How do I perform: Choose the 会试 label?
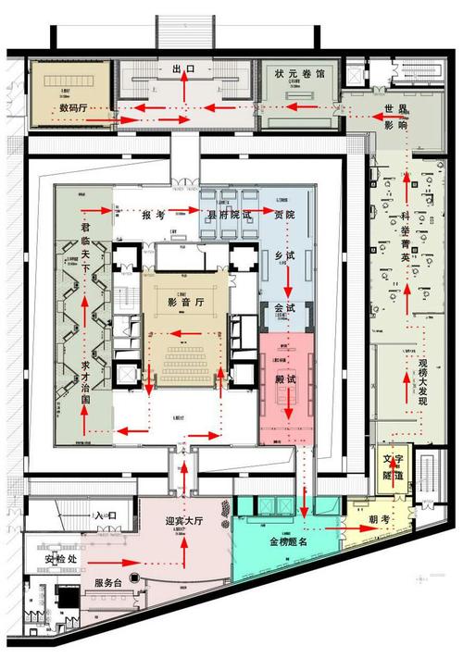[285, 307]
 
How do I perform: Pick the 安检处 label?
[61, 560]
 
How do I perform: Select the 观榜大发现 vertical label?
[425, 380]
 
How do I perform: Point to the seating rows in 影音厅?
[186, 354]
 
